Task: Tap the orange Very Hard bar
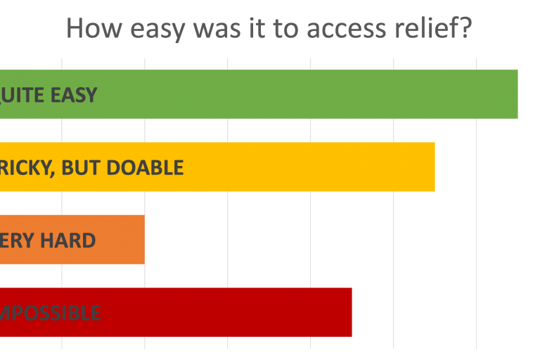[120, 240]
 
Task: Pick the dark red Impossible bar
[225, 312]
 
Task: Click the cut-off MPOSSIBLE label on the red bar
[50, 313]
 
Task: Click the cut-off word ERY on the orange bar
[17, 240]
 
